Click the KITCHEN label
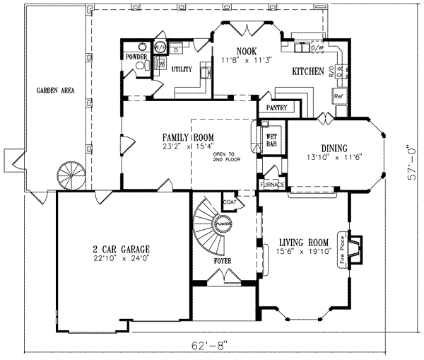[x=308, y=72]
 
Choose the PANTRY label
[x=280, y=108]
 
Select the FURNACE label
[x=272, y=185]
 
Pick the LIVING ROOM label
[x=305, y=241]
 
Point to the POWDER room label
[x=136, y=57]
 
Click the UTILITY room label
[x=182, y=69]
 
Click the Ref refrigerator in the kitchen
[x=339, y=95]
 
